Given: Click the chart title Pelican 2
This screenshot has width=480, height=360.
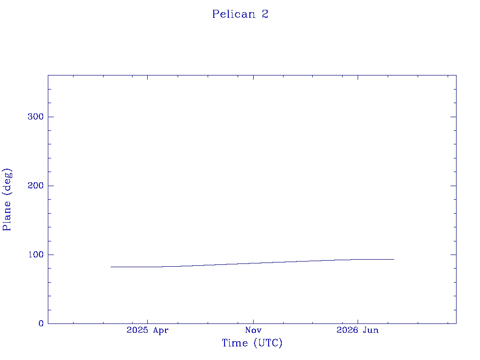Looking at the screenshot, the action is coord(240,14).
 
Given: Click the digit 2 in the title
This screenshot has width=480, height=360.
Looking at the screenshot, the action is coord(265,14).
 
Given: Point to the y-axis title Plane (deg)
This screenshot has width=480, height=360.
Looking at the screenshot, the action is coord(7,200).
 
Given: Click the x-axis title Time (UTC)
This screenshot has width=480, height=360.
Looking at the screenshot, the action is coord(252,343).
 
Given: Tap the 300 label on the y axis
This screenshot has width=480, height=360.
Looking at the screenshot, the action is coord(36,117).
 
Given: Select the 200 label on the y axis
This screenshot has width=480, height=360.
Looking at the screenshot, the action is coord(36,186).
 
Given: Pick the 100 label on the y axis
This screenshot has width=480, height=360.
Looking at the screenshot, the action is coord(36,255).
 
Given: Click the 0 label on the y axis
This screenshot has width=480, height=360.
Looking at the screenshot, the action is coord(41,323).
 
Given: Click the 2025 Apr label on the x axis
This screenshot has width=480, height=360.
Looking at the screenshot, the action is coord(148,330).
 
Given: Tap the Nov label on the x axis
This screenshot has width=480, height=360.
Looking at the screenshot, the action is coord(253,330).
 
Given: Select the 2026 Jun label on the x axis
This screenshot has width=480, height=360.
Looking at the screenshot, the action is coord(358,330).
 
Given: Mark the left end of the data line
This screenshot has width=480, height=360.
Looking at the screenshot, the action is coord(111,267).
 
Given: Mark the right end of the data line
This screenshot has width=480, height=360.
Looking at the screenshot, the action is coord(394,259).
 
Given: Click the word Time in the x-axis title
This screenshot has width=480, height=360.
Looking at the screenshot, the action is coord(235,343).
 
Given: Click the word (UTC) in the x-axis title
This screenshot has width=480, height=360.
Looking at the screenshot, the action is coord(268,343).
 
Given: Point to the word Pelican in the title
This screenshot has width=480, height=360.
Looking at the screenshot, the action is coord(234,14).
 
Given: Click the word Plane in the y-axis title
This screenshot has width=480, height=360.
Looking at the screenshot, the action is coord(7,216).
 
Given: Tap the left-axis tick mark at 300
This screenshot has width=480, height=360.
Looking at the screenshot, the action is coord(51,117).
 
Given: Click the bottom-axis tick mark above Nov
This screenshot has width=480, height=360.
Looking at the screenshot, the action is coord(253,321).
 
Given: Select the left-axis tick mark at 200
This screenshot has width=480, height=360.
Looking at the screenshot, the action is coord(51,186).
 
